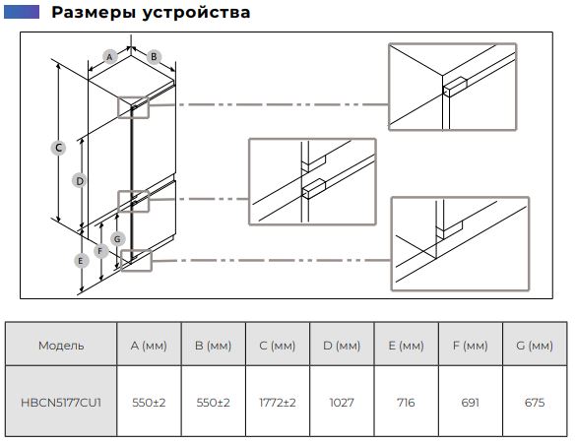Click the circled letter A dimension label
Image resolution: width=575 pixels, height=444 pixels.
click(109, 57)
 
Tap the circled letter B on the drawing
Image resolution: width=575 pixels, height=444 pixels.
click(154, 57)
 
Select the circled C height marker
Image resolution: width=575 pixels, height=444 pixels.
click(58, 148)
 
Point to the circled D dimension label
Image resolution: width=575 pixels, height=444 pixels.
click(80, 181)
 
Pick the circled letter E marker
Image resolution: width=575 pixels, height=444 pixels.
click(81, 261)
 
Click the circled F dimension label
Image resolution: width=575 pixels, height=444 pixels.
click(100, 251)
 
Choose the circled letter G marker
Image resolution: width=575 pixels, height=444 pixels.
click(117, 239)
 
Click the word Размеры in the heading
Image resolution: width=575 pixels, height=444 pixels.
click(94, 13)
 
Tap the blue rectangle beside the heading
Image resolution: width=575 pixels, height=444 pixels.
click(22, 12)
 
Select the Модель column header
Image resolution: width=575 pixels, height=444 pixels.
click(61, 346)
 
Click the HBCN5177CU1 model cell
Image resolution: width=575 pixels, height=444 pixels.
click(61, 403)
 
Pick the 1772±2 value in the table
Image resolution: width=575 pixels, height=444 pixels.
click(278, 403)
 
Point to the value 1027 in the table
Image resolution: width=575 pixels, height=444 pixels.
click(342, 403)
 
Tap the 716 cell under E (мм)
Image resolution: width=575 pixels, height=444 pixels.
click(406, 403)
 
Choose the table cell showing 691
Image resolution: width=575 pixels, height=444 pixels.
click(470, 403)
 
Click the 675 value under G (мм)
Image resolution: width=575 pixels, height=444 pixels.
click(535, 403)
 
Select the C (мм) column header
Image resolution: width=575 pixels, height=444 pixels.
click(278, 346)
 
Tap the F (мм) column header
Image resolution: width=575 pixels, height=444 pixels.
click(470, 346)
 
